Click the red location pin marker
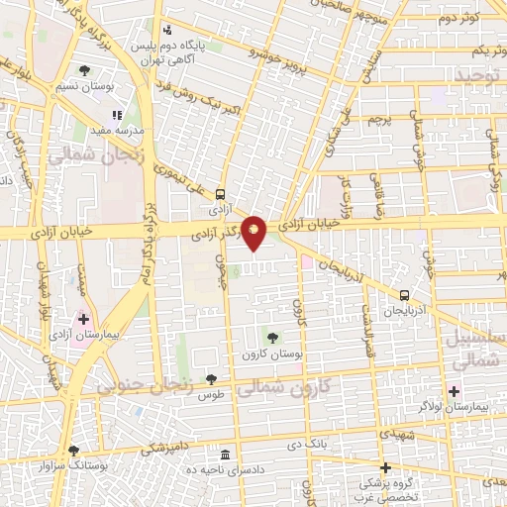tap(254, 234)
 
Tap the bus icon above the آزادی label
tap(219, 194)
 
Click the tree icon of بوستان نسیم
tap(86, 70)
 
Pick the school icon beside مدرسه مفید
tap(117, 115)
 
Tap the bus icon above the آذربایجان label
tap(404, 295)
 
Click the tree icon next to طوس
tap(211, 378)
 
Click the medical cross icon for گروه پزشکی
tap(385, 466)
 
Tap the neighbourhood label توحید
tap(480, 75)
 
